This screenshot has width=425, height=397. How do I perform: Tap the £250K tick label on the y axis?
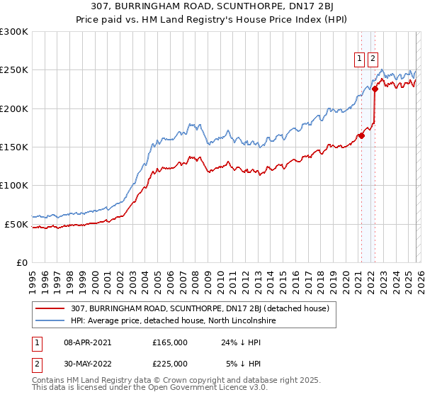14,70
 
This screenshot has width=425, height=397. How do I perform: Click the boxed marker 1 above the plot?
360,60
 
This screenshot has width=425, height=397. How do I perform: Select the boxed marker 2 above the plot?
373,60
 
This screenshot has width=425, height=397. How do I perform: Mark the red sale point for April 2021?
361,135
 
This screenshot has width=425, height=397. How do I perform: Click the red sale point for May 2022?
375,89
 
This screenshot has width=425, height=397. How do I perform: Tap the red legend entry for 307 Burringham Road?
200,308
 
